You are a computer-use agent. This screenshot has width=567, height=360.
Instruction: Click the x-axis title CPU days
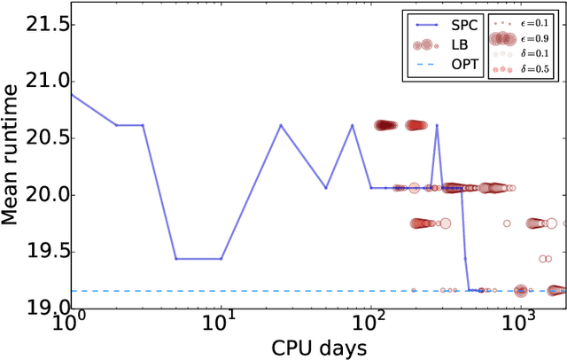(317, 347)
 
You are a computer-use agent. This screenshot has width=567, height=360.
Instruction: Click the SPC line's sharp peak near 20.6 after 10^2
(437, 125)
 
